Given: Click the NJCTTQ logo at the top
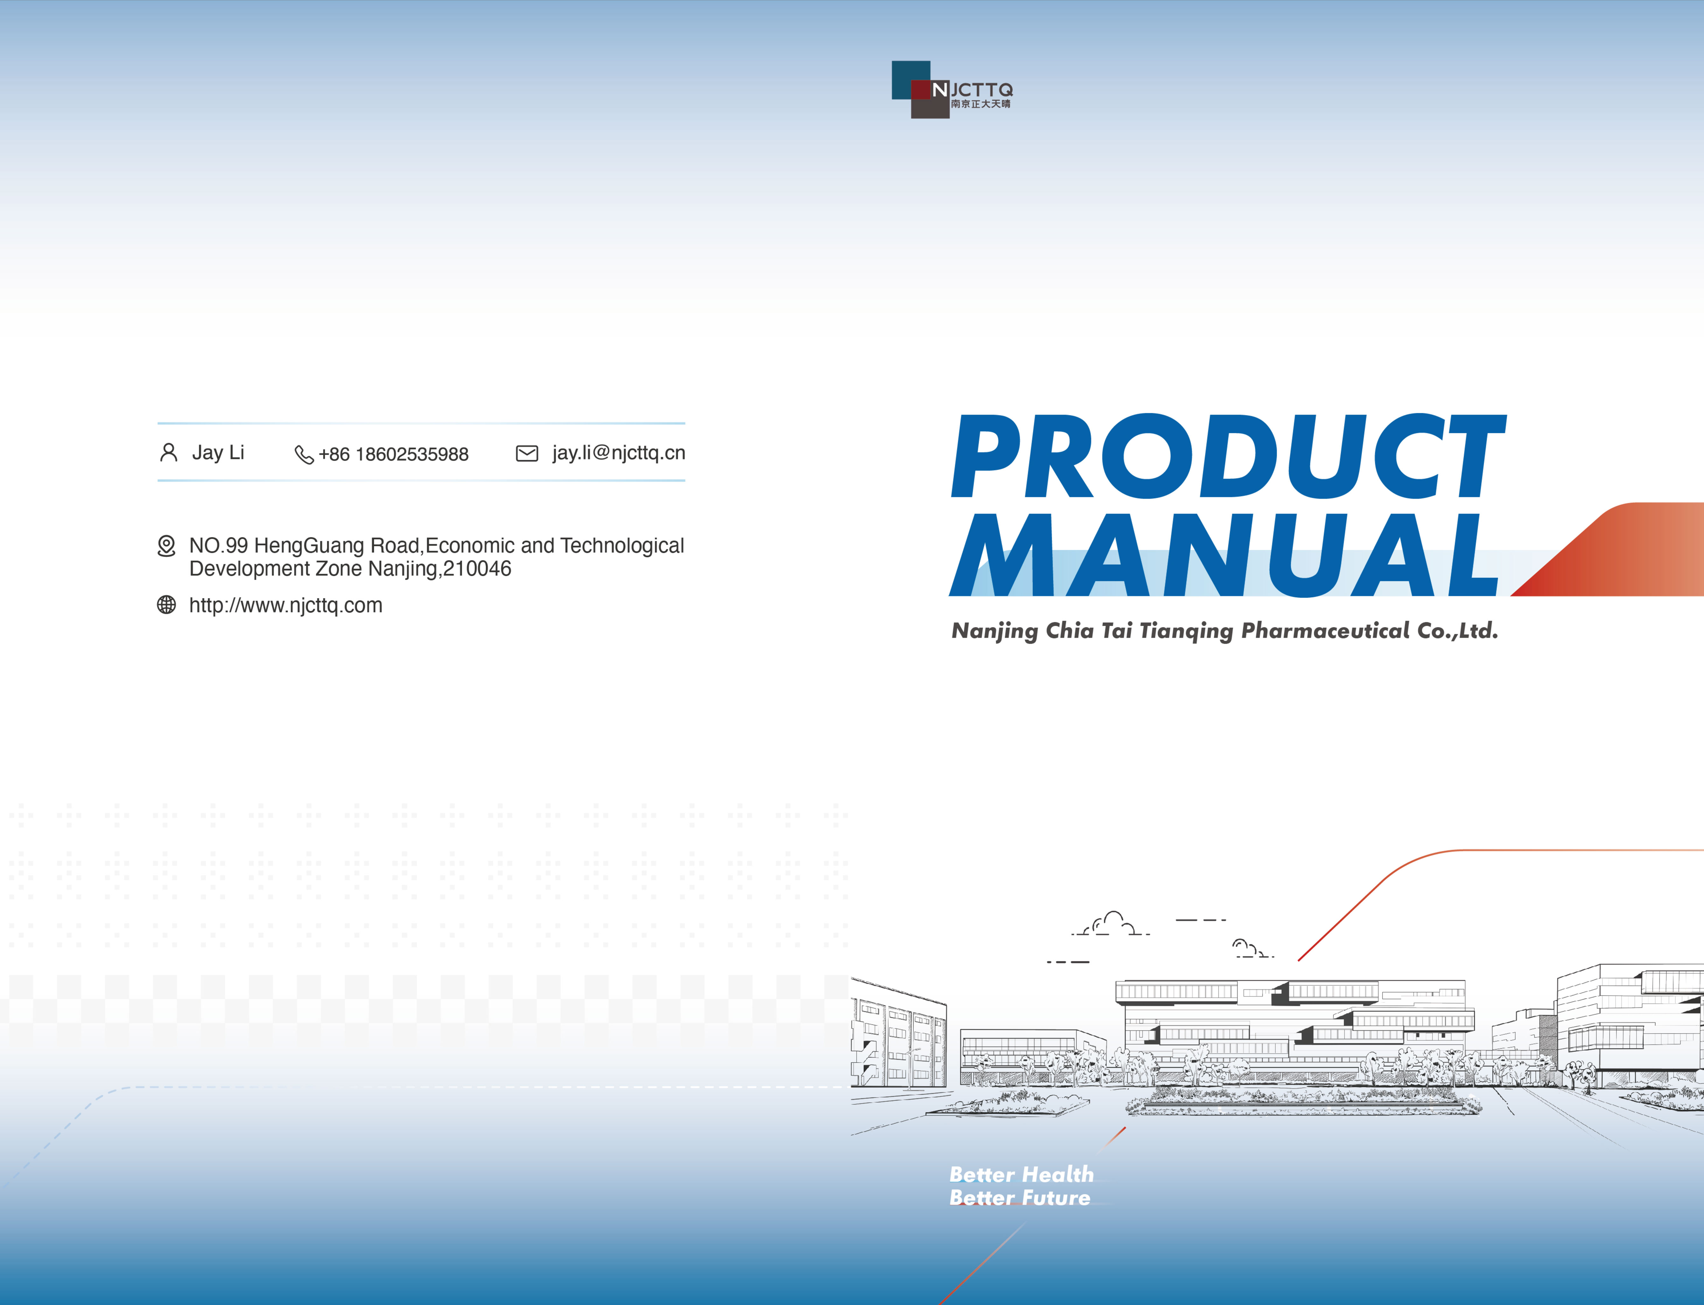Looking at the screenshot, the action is pos(952,89).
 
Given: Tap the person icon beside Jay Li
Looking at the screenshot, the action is pos(168,453).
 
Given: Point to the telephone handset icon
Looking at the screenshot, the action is pos(304,454).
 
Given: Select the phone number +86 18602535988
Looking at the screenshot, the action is pos(393,454).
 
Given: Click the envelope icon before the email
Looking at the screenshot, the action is pos(527,454).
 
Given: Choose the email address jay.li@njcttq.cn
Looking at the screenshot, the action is pos(619,453).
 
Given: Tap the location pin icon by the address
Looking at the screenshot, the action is pos(166,546).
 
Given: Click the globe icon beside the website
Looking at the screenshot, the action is pos(166,605).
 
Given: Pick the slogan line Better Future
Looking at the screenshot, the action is pos(1020,1198).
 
